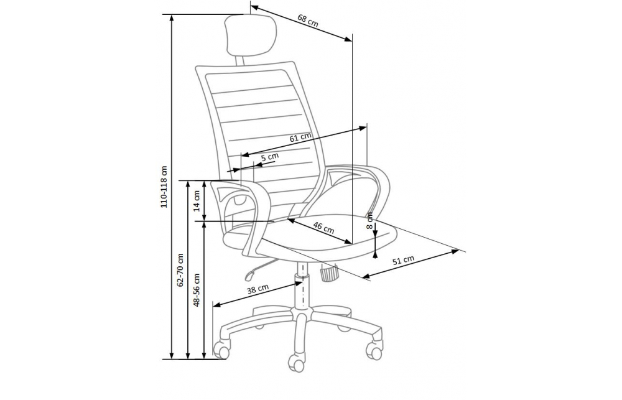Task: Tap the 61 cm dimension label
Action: point(300,137)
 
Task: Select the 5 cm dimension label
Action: point(270,157)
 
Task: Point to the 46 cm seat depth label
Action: point(323,228)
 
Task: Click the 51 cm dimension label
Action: point(404,260)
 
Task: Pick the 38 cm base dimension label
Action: point(258,289)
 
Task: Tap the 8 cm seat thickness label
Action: point(369,221)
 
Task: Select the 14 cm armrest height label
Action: point(197,201)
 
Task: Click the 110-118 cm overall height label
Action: point(164,187)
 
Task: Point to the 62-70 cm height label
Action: point(181,270)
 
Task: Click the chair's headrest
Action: point(251,35)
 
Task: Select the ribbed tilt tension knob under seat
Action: point(328,273)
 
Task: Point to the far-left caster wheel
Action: point(221,349)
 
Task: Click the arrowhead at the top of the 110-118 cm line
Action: point(172,19)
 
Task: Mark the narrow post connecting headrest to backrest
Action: point(239,60)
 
